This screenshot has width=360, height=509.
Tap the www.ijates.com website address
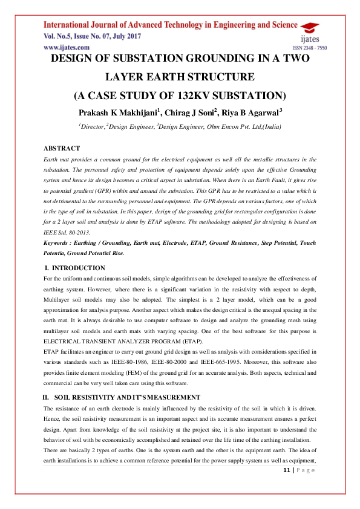[x=67, y=47]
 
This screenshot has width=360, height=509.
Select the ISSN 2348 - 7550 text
[x=309, y=47]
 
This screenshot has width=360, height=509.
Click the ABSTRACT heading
[x=62, y=148]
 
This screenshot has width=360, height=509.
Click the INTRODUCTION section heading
[x=79, y=267]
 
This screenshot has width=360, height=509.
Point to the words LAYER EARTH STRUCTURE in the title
[x=180, y=77]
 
